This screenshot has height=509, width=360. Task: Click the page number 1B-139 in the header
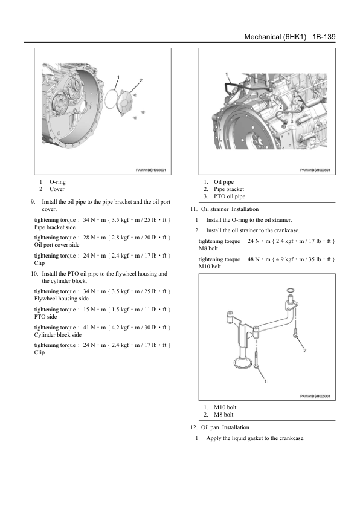[x=324, y=37]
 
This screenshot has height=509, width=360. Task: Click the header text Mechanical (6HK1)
[x=275, y=37]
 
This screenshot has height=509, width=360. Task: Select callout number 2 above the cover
[x=141, y=80]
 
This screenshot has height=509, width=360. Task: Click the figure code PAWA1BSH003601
[x=151, y=170]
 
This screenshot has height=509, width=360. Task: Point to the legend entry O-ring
[x=57, y=182]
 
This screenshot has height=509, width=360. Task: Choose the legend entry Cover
[x=57, y=189]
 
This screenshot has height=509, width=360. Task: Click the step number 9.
[x=33, y=202]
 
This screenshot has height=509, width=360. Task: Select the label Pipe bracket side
[x=55, y=227]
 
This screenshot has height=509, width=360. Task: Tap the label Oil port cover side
[x=57, y=245]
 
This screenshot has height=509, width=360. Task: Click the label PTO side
[x=45, y=317]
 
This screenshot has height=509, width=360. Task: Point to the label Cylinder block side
[x=58, y=335]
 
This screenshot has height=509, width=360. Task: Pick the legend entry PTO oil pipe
[x=230, y=196]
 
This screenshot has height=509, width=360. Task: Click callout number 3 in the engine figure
[x=292, y=122]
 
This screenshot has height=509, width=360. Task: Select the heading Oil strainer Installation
[x=230, y=209]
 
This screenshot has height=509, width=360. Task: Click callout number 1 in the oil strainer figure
[x=265, y=381]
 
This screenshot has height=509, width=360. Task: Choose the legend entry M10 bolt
[x=225, y=407]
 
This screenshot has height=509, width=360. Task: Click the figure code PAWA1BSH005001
[x=315, y=396]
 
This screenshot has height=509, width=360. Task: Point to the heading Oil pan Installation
[x=225, y=427]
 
